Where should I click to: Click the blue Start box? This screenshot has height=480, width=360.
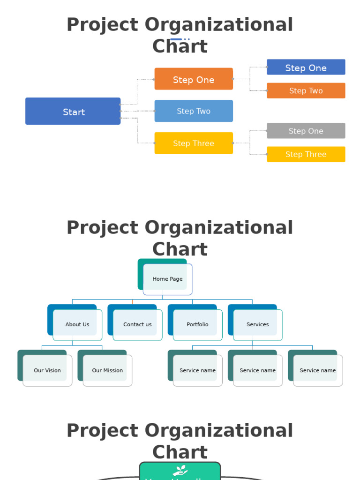[x=73, y=112]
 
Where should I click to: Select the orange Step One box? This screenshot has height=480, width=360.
[x=194, y=79]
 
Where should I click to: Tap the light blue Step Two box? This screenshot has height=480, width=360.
[x=194, y=111]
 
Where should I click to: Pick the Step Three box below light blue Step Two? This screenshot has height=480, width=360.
[x=194, y=143]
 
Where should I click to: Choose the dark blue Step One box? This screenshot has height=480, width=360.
[x=306, y=67]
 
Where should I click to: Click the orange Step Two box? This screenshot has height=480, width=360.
[x=306, y=91]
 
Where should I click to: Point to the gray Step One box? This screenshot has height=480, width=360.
[x=306, y=131]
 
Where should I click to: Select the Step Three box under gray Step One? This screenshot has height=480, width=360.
[x=306, y=154]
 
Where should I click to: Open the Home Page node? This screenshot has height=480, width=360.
[x=167, y=278]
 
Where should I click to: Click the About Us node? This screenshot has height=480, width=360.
[x=77, y=324]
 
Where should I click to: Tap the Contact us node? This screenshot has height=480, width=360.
[x=137, y=324]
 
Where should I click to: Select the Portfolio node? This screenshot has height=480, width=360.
[x=197, y=324]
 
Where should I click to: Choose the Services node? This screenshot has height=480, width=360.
[x=257, y=324]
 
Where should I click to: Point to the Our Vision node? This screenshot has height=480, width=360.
[x=47, y=370]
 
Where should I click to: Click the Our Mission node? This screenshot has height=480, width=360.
[x=107, y=370]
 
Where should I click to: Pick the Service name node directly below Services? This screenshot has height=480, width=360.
[x=257, y=370]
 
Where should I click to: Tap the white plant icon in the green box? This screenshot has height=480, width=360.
[x=180, y=470]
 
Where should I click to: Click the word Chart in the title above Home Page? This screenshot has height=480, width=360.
[x=180, y=249]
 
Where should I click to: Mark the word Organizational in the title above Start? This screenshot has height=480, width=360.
[x=219, y=25]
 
